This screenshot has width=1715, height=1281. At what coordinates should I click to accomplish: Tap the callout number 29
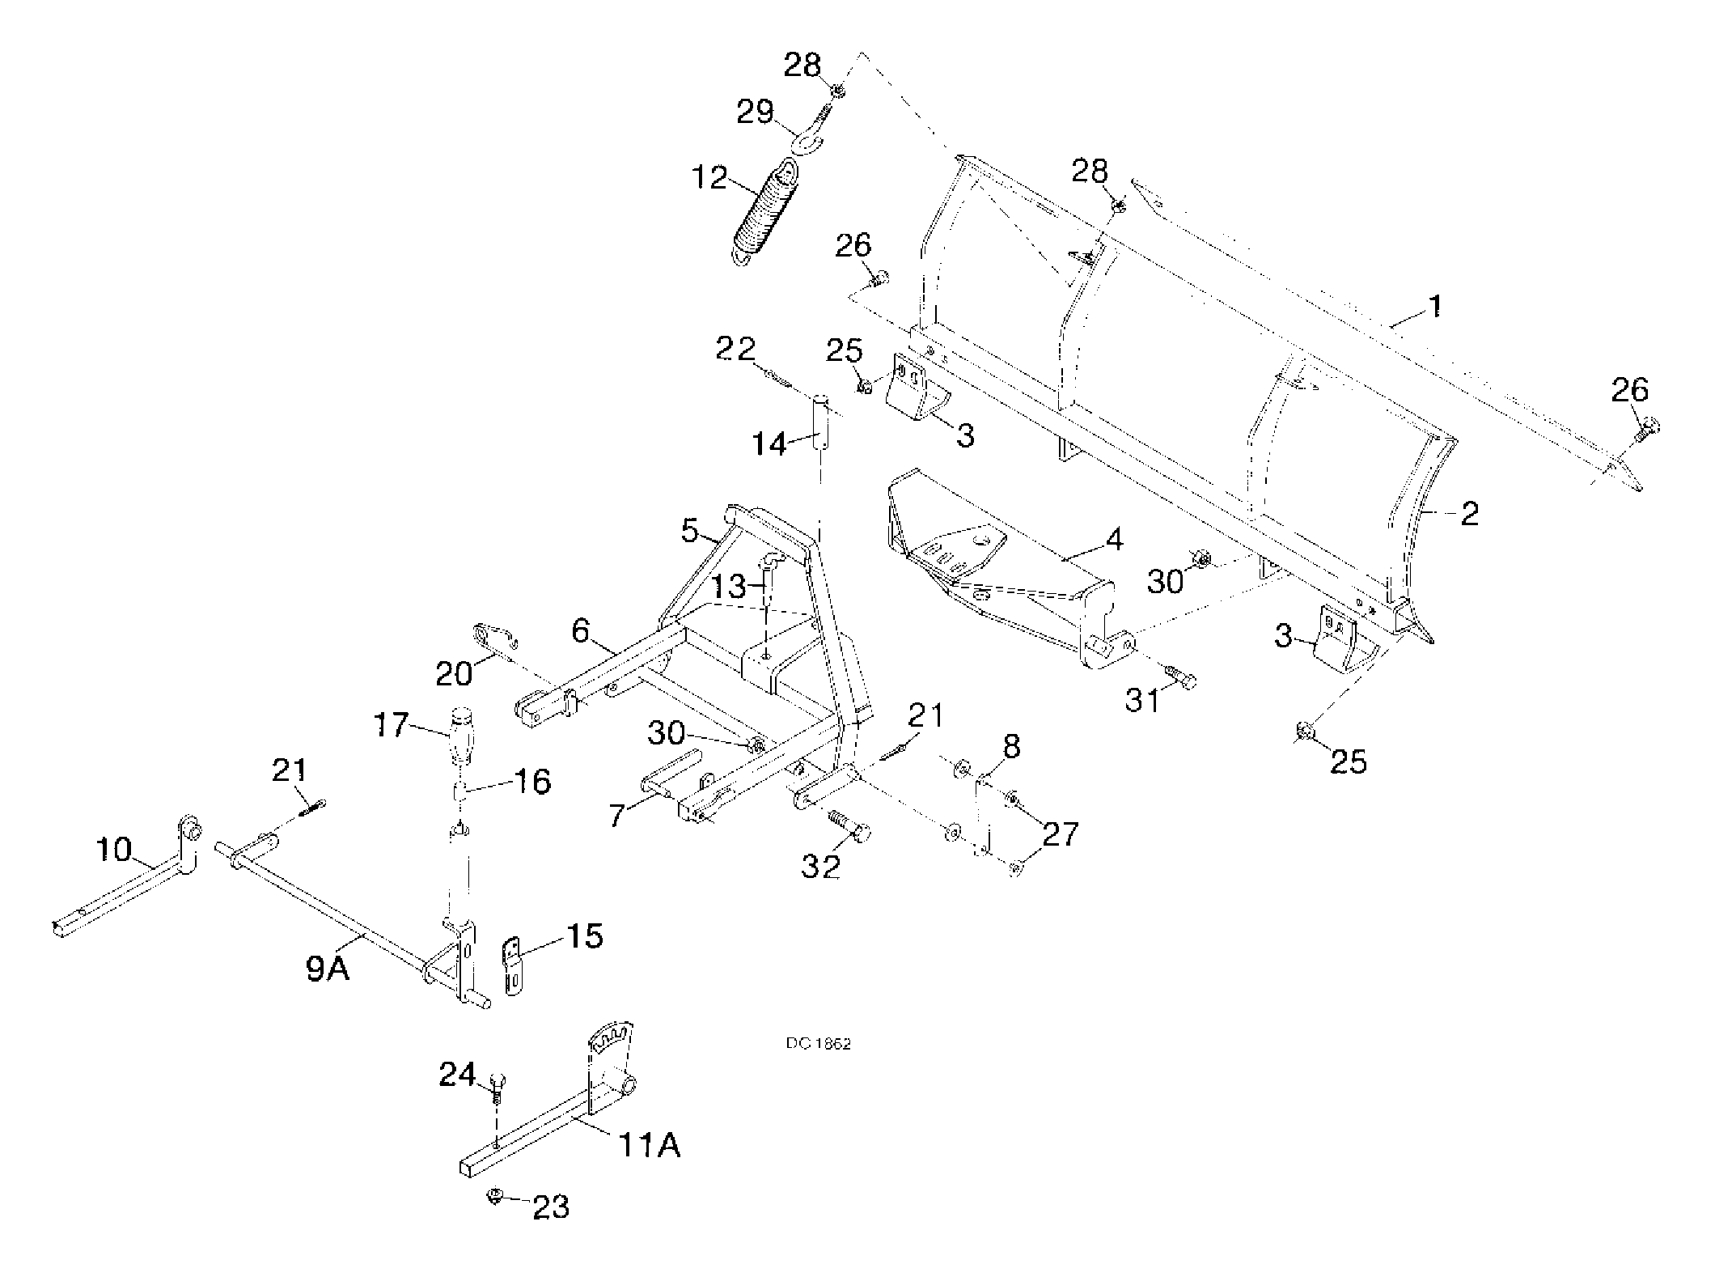point(755,112)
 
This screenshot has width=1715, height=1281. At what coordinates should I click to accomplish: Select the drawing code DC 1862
point(818,1044)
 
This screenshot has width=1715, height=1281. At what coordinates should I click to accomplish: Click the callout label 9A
point(328,968)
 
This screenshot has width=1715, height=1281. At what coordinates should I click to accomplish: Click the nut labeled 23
point(494,1196)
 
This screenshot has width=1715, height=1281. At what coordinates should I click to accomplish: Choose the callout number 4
point(1114,539)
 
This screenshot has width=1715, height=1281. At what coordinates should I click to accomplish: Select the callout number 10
point(113,850)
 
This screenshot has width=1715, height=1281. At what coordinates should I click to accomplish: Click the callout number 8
point(1011,746)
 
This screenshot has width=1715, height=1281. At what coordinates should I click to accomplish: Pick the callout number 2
point(1469,513)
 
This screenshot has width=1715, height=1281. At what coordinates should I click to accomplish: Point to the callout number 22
point(735,349)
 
